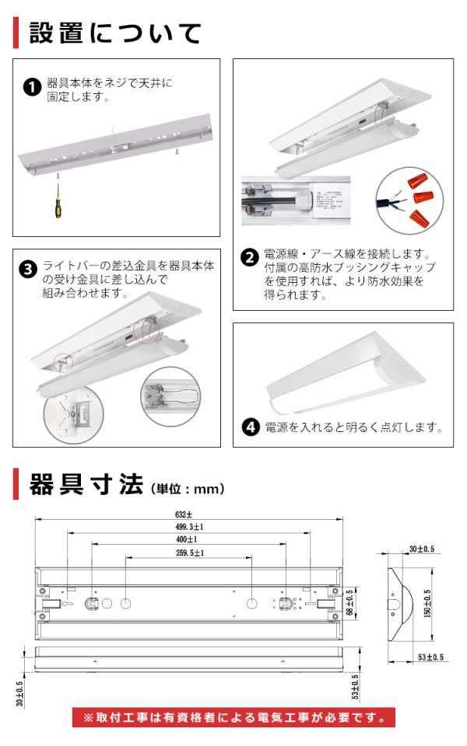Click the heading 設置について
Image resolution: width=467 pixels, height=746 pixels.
tap(115, 33)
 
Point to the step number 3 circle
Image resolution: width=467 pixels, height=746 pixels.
tap(28, 270)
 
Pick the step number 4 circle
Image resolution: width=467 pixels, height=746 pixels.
tap(250, 427)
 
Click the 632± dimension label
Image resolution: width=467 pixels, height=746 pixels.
tap(184, 514)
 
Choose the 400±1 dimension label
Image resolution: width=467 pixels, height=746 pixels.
tap(185, 539)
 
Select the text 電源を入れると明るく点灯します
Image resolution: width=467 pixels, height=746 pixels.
tap(354, 427)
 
